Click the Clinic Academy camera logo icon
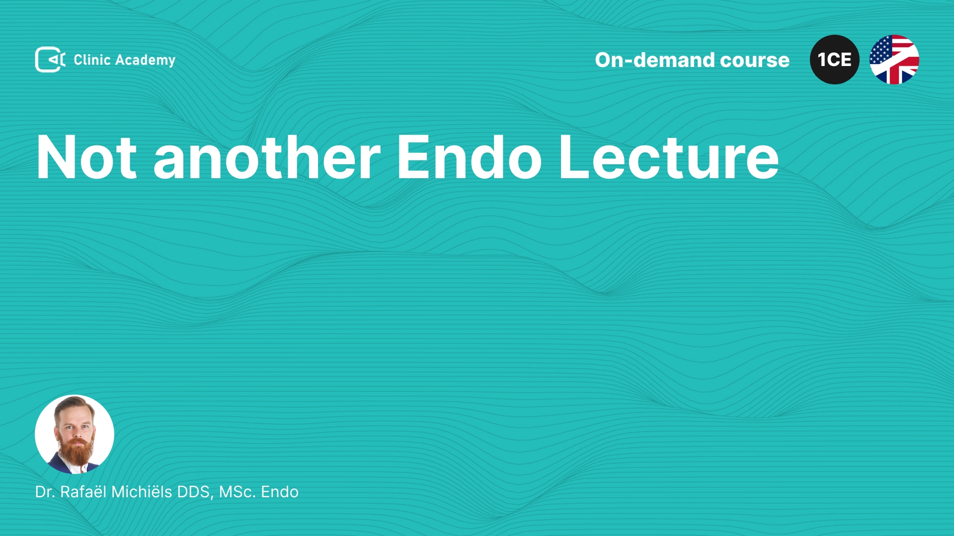(x=50, y=60)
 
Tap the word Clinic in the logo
(x=92, y=60)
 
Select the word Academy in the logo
(x=145, y=61)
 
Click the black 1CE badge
(x=835, y=60)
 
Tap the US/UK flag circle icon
(x=894, y=60)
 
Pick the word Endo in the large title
(x=469, y=156)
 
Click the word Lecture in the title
(x=669, y=157)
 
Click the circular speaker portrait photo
(x=75, y=434)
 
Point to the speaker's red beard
(x=76, y=451)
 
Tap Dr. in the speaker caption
(x=45, y=492)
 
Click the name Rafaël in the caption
(x=83, y=491)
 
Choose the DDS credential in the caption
(x=195, y=492)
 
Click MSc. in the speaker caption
(x=238, y=492)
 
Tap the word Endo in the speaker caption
(x=280, y=492)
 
